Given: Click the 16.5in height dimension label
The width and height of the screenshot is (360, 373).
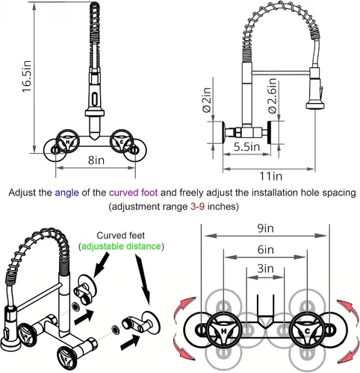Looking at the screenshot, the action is click(27, 76).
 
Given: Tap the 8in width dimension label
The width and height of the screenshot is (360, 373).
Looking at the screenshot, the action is click(96, 160).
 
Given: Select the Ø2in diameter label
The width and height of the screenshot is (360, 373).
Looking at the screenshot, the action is click(206, 100).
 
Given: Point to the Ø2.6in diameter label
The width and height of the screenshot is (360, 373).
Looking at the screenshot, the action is click(272, 96).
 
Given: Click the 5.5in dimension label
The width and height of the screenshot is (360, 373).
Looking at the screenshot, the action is click(246, 147).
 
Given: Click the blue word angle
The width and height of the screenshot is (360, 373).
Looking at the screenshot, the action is click(66, 192).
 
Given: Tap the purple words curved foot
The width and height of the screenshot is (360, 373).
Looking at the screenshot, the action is click(134, 192).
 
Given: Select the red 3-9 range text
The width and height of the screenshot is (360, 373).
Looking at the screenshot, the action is click(198, 206).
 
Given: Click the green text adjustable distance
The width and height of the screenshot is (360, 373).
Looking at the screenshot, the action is click(121, 246).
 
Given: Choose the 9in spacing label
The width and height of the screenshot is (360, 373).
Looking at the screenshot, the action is click(265, 228).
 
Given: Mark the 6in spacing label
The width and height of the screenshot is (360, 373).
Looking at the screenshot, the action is click(266, 249).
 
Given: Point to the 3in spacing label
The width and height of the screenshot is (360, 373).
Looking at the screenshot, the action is click(265, 269).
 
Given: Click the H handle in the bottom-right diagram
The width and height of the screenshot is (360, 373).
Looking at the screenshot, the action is click(224, 330).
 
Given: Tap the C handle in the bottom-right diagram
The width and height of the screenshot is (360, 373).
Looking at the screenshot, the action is click(307, 330).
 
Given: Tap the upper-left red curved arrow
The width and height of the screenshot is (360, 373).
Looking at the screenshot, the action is click(184, 307).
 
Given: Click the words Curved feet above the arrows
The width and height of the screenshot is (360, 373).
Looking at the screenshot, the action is click(121, 235).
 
